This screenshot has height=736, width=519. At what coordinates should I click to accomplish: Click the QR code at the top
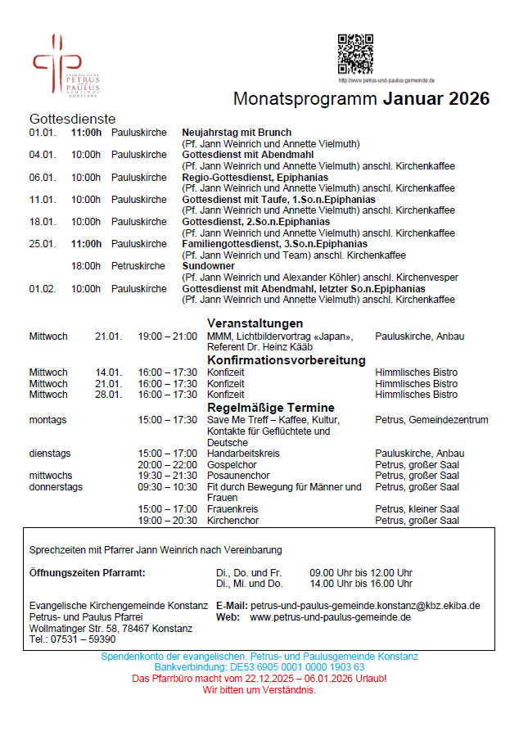click(355, 54)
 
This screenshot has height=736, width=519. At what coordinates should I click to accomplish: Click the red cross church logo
click(56, 63)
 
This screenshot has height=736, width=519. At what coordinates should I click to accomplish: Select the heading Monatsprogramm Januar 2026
click(361, 99)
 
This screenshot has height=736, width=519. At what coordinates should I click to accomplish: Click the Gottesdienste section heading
click(73, 120)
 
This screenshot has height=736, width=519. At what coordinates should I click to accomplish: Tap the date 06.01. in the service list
click(42, 178)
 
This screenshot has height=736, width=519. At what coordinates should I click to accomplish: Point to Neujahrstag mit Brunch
click(237, 133)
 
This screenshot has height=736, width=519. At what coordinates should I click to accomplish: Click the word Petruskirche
click(138, 266)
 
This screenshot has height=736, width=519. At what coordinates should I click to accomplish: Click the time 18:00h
click(86, 266)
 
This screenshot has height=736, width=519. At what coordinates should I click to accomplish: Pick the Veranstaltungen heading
click(255, 323)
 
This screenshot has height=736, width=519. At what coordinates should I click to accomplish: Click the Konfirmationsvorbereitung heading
click(286, 360)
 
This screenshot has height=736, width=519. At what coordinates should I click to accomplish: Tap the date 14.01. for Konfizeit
click(108, 373)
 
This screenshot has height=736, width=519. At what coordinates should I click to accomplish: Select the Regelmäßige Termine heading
click(271, 408)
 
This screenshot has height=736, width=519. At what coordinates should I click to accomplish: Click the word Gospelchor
click(233, 465)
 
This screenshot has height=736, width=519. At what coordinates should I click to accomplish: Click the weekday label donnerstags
click(56, 487)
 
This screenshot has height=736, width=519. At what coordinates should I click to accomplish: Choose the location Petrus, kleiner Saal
click(417, 509)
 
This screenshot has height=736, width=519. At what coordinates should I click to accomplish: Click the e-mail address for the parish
click(365, 606)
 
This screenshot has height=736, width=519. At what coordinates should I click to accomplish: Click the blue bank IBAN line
click(259, 667)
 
